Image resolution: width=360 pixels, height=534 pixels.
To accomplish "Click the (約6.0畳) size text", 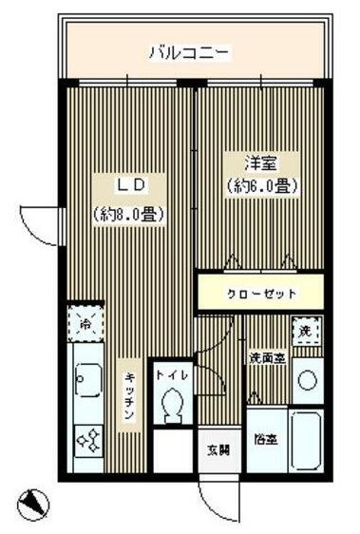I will coord(261,187).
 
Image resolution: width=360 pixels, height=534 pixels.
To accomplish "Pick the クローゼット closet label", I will coord(262,294).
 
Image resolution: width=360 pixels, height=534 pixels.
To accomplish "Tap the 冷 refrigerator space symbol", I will coord(85,323).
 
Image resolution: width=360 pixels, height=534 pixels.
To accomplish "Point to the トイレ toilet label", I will coord(173,375).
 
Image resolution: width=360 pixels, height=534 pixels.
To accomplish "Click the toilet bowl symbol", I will coord(173,406).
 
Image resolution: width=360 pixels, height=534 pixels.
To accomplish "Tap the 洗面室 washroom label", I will coord(267,358).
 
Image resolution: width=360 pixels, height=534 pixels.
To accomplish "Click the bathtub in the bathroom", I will coord(306,439).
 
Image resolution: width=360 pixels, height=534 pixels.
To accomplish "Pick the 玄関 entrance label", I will coord(218,449).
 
